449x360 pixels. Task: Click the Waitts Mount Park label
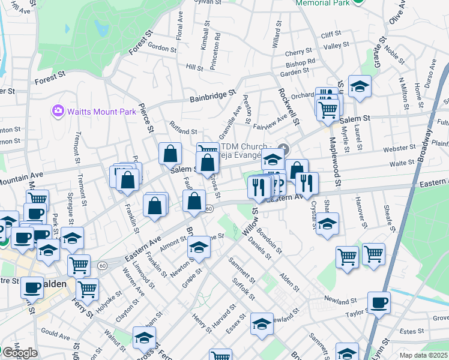click(91, 111)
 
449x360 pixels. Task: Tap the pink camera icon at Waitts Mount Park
click(58, 110)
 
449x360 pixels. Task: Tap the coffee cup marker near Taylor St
click(378, 302)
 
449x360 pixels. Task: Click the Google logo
click(19, 353)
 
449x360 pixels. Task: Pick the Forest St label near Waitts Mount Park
click(50, 78)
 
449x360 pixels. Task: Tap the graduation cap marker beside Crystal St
click(327, 224)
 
